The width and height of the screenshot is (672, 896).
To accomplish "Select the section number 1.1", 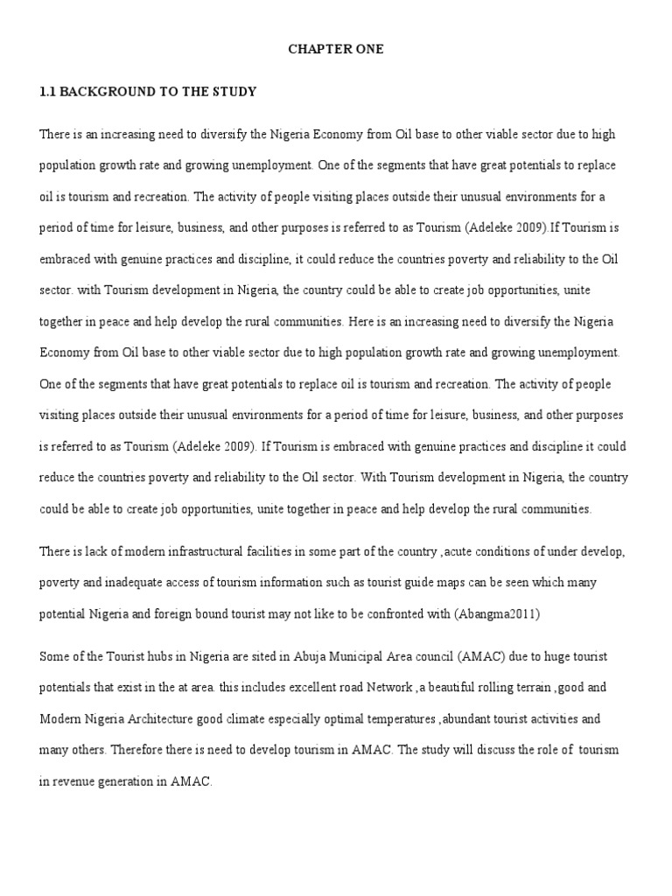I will tap(49, 91).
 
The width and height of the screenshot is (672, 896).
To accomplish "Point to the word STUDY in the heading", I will tap(232, 91).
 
